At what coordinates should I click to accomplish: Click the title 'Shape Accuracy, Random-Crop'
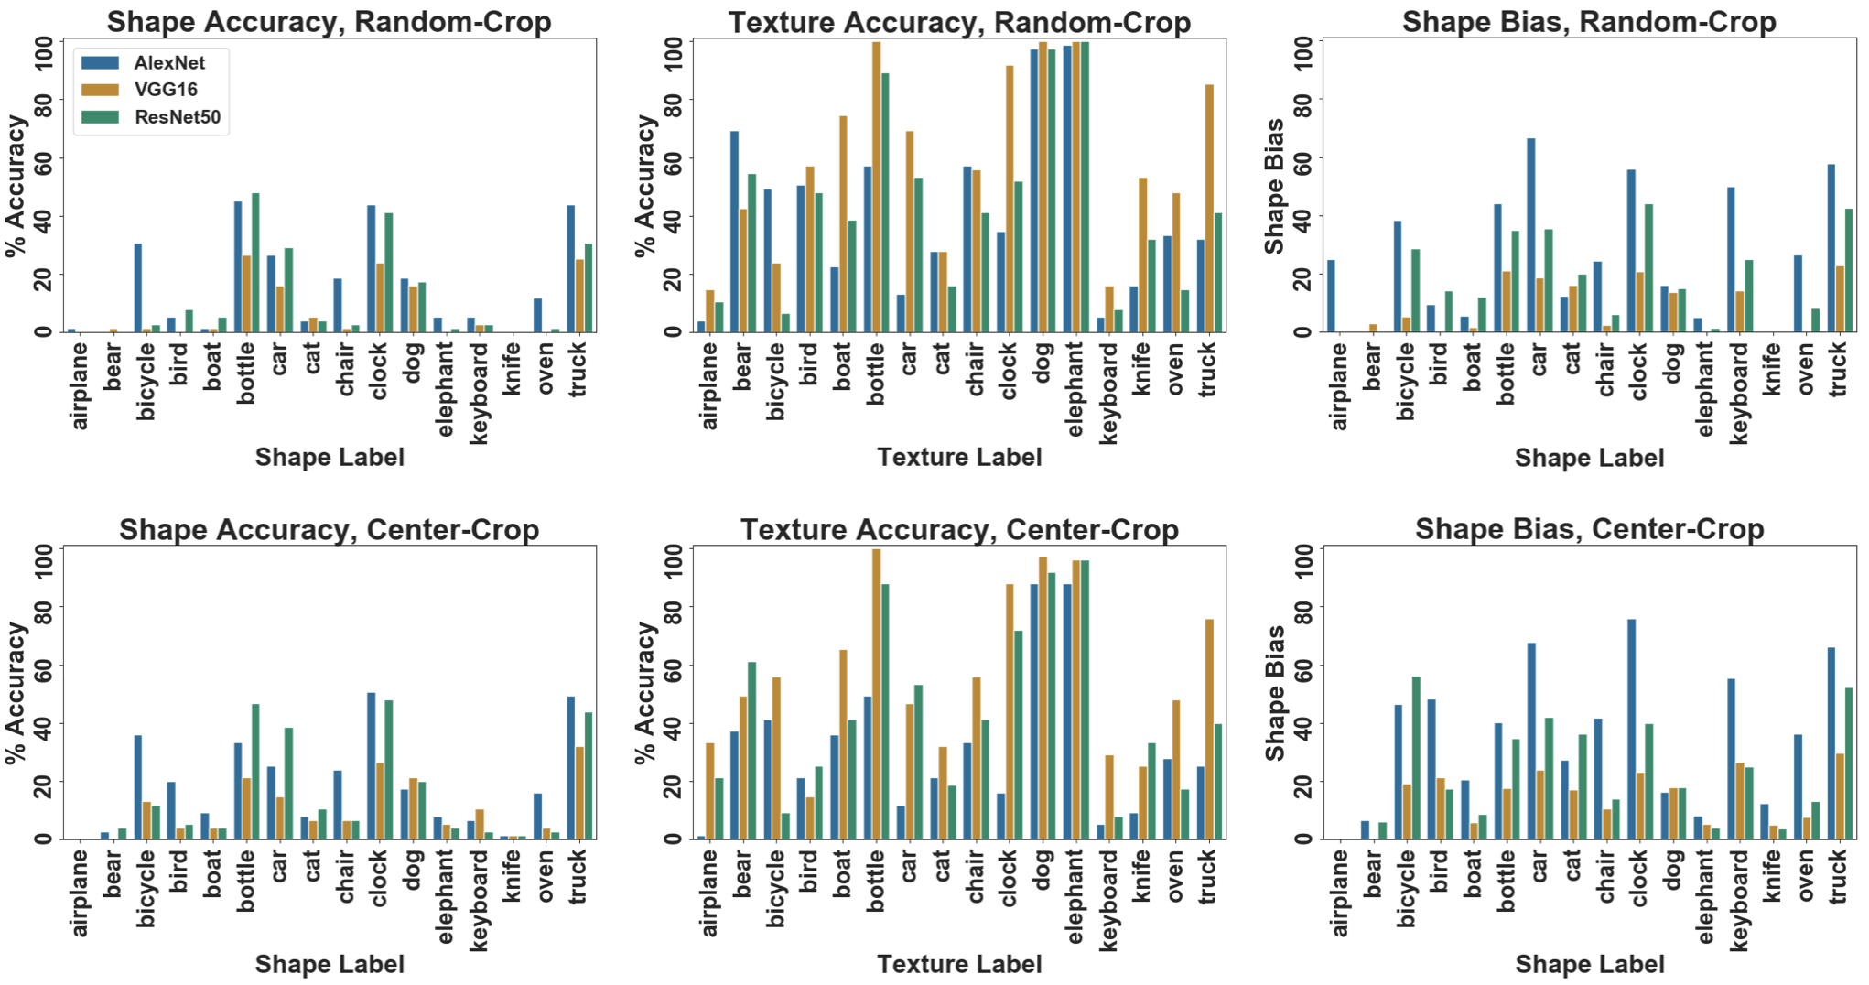tap(329, 21)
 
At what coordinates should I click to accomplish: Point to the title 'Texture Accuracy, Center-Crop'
tap(959, 529)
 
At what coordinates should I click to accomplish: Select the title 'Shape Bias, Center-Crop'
tap(1589, 529)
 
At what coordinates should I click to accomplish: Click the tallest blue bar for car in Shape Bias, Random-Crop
tap(1530, 234)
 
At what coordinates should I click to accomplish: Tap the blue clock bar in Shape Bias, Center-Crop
tap(1631, 729)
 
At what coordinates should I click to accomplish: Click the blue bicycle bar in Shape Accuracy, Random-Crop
tap(138, 287)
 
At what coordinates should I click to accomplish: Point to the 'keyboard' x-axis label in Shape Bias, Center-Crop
tap(1738, 900)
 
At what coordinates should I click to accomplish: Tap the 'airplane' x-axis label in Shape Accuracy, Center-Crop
tap(80, 893)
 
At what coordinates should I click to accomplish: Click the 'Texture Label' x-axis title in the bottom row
tap(959, 964)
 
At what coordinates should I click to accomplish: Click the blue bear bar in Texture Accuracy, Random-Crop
tap(734, 232)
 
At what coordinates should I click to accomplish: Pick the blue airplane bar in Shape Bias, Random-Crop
tap(1331, 296)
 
